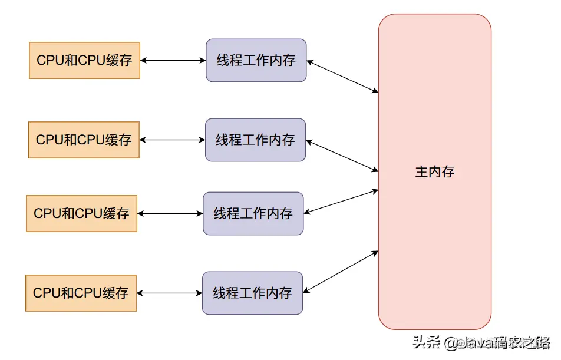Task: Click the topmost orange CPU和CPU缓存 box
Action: click(84, 60)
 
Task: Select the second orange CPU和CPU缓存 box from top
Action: click(84, 140)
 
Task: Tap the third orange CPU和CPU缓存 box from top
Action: click(81, 213)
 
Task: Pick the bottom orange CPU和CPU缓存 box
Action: click(81, 293)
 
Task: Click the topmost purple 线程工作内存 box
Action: click(256, 60)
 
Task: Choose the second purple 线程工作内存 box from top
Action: click(255, 140)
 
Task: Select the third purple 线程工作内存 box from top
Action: click(253, 213)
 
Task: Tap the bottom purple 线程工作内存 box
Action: click(252, 293)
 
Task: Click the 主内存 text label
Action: click(435, 172)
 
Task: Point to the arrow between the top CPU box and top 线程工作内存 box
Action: click(173, 60)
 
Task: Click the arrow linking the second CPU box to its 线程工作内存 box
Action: click(172, 140)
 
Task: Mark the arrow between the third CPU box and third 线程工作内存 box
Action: click(170, 213)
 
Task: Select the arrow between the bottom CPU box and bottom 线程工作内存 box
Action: click(169, 293)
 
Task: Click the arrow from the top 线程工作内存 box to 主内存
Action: click(342, 76)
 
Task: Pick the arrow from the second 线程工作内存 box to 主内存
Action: click(342, 156)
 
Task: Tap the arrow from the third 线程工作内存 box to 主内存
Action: click(341, 202)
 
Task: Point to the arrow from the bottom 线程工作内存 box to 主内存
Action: click(341, 272)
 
